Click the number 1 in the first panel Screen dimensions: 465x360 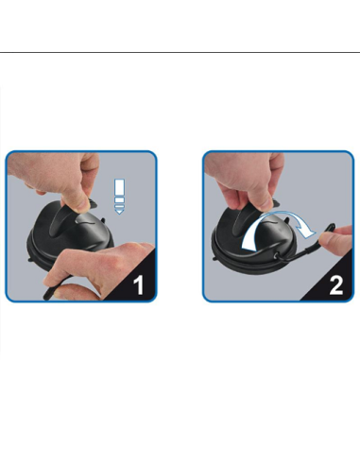pos(139,284)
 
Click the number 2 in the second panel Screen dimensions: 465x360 pos(335,284)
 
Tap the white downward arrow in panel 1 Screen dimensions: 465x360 pos(119,194)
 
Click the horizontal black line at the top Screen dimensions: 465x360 pos(180,53)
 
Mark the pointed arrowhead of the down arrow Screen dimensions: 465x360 pos(119,211)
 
